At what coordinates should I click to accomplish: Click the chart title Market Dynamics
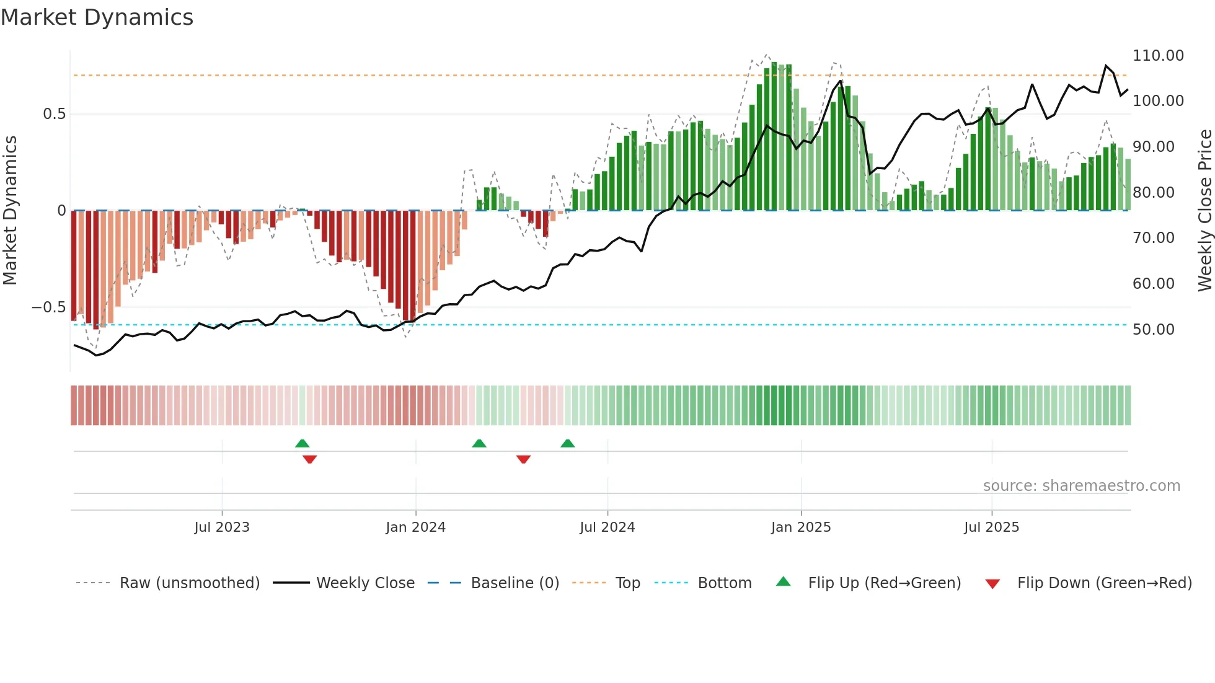pyautogui.click(x=97, y=17)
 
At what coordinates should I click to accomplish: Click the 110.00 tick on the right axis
pyautogui.click(x=1157, y=56)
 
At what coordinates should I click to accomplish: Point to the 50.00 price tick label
pyautogui.click(x=1153, y=330)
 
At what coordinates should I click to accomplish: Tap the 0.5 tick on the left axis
pyautogui.click(x=54, y=114)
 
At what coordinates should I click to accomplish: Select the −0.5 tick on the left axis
pyautogui.click(x=48, y=307)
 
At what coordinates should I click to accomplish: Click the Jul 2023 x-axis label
pyautogui.click(x=222, y=527)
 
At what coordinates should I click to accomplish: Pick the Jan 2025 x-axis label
pyautogui.click(x=801, y=527)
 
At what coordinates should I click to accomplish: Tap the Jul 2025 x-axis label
pyautogui.click(x=991, y=527)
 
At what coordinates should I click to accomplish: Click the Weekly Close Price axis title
pyautogui.click(x=1204, y=211)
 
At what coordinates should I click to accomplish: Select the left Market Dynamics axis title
pyautogui.click(x=10, y=211)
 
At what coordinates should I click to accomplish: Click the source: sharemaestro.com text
pyautogui.click(x=1081, y=486)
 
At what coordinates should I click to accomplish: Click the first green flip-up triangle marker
pyautogui.click(x=302, y=443)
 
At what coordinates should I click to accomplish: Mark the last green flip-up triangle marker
pyautogui.click(x=567, y=443)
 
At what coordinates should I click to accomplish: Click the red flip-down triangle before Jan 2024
pyautogui.click(x=310, y=459)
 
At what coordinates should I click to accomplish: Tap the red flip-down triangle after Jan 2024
pyautogui.click(x=523, y=459)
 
